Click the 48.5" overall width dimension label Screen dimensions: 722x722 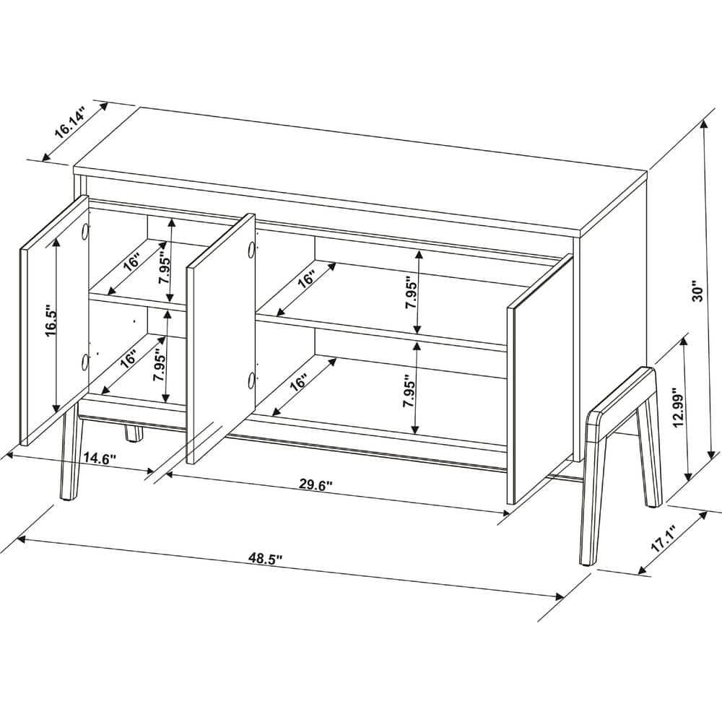pyautogui.click(x=265, y=559)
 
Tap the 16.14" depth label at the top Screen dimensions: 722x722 pyautogui.click(x=70, y=121)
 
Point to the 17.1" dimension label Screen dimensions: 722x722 pyautogui.click(x=663, y=539)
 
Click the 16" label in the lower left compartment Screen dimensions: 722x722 pyautogui.click(x=129, y=359)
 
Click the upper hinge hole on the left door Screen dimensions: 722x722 pyautogui.click(x=84, y=231)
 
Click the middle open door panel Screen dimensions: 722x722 pyautogui.click(x=221, y=339)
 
